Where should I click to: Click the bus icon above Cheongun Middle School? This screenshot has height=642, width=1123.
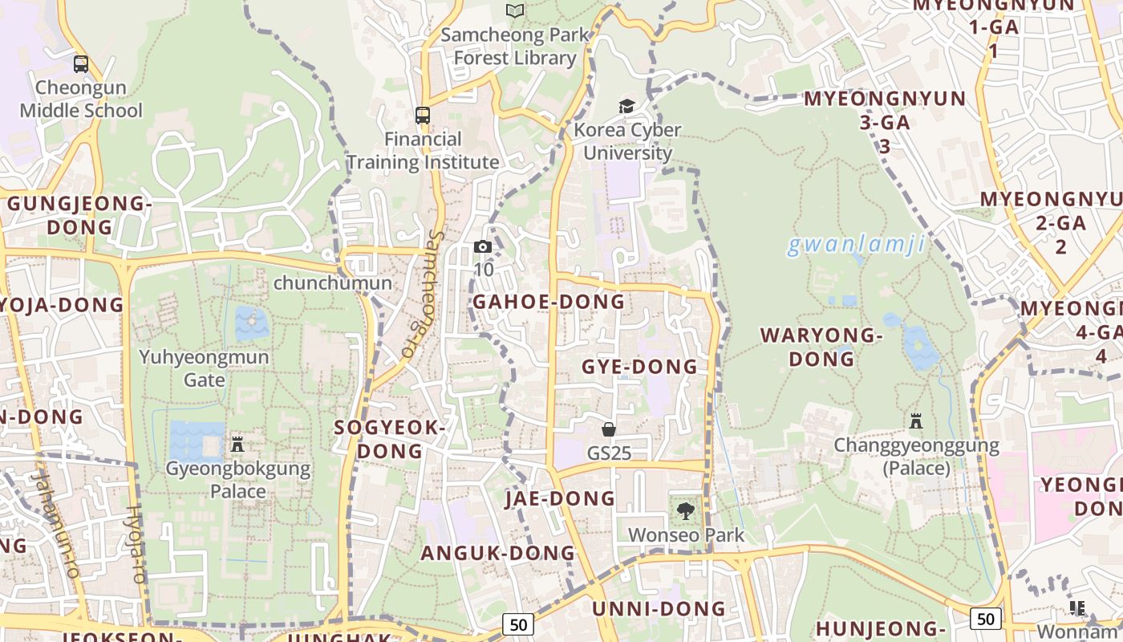(81, 63)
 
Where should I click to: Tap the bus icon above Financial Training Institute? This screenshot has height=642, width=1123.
(423, 115)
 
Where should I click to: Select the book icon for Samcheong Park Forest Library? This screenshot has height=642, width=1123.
(515, 10)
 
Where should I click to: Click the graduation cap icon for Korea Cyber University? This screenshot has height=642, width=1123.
(626, 106)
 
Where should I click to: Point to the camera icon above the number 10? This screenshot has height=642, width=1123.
(483, 246)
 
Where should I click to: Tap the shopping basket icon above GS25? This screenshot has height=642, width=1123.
(609, 429)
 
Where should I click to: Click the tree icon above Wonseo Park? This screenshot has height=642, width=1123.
(686, 510)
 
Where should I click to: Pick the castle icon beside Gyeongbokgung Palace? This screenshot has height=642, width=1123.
(237, 444)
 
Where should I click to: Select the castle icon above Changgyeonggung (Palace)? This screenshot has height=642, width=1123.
(916, 421)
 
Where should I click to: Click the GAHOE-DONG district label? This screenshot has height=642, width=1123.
(548, 302)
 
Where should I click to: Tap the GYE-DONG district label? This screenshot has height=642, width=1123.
(639, 367)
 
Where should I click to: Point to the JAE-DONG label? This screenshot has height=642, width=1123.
(560, 498)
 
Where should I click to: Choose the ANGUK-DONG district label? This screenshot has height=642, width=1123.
(498, 553)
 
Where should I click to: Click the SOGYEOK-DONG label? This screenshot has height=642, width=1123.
(390, 439)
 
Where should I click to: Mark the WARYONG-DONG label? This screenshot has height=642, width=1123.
(821, 347)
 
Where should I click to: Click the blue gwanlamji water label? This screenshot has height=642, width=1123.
(856, 245)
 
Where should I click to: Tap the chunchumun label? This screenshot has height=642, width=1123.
(333, 283)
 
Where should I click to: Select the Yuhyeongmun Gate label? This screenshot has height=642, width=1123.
(205, 368)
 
